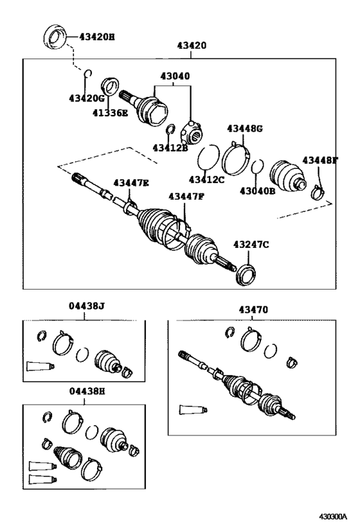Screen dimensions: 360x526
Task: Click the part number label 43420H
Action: pyautogui.click(x=96, y=37)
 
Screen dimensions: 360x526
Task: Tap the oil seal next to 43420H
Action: pyautogui.click(x=55, y=36)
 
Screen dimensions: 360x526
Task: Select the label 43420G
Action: pyautogui.click(x=86, y=98)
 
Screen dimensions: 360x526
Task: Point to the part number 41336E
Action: pyautogui.click(x=110, y=113)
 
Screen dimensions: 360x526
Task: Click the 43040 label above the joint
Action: pyautogui.click(x=175, y=76)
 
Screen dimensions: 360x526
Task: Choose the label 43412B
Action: pyautogui.click(x=170, y=147)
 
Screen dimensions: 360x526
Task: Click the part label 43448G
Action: pyautogui.click(x=244, y=128)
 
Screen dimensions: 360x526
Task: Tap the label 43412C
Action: pyautogui.click(x=206, y=179)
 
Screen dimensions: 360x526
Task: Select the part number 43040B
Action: pyautogui.click(x=257, y=191)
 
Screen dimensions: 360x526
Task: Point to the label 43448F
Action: pyautogui.click(x=319, y=160)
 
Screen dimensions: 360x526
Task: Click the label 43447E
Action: pyautogui.click(x=131, y=183)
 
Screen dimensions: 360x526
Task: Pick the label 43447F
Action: pyautogui.click(x=186, y=196)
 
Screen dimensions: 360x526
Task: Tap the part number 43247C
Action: pyautogui.click(x=251, y=245)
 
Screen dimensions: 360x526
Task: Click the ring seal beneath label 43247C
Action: pyautogui.click(x=246, y=275)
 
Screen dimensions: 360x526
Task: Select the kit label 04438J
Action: pyautogui.click(x=87, y=306)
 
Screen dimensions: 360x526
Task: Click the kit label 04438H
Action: pyautogui.click(x=87, y=391)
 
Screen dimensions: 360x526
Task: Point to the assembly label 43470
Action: pyautogui.click(x=253, y=310)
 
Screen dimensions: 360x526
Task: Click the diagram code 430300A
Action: pyautogui.click(x=332, y=516)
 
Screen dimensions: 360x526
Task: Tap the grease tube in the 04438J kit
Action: pyautogui.click(x=40, y=366)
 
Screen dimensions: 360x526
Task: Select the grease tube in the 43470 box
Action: pyautogui.click(x=193, y=410)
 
